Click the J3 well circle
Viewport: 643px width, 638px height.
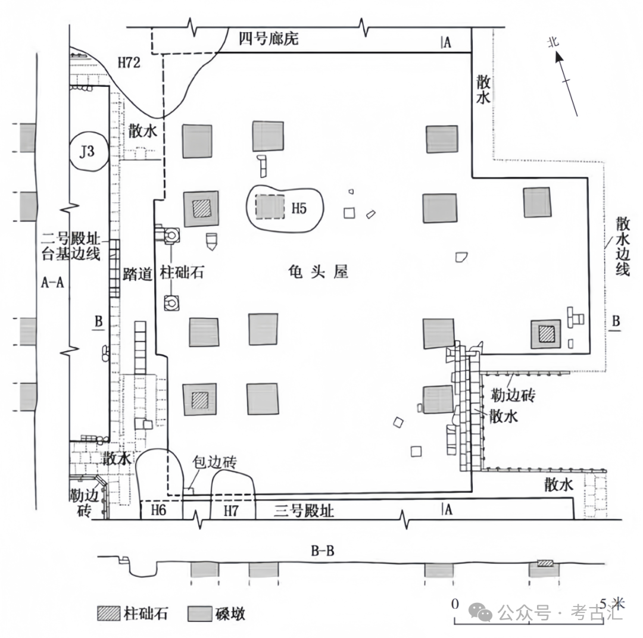pyautogui.click(x=88, y=151)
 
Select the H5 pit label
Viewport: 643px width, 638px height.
pyautogui.click(x=298, y=209)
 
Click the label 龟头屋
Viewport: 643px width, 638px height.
pyautogui.click(x=316, y=272)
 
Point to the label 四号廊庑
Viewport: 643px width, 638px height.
pyautogui.click(x=268, y=40)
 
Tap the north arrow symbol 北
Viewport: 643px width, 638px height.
pyautogui.click(x=553, y=43)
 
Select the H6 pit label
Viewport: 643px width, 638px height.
pyautogui.click(x=158, y=511)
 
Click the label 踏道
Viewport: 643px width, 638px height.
pyautogui.click(x=135, y=273)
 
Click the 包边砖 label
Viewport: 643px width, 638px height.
pyautogui.click(x=215, y=462)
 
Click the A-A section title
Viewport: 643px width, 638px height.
pyautogui.click(x=52, y=283)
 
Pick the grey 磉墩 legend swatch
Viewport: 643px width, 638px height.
pyautogui.click(x=201, y=614)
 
